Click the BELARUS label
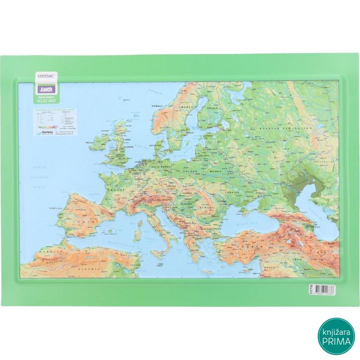(220, 171)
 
